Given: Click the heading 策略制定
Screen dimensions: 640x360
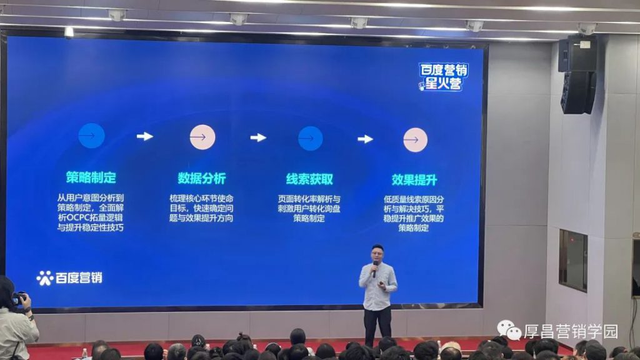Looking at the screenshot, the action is click(91, 177).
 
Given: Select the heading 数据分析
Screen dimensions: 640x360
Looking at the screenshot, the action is click(202, 178).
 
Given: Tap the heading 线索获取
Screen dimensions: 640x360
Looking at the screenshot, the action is click(309, 179).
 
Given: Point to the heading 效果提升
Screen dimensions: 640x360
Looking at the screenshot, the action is click(414, 179).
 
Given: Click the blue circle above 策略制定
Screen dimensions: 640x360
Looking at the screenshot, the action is click(91, 136).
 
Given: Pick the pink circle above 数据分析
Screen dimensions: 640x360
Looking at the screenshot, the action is click(202, 137).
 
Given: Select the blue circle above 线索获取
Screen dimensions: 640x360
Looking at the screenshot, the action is click(310, 138).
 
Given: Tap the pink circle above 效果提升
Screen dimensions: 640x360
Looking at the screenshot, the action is click(416, 140).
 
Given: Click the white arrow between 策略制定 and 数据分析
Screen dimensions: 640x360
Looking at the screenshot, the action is click(145, 136).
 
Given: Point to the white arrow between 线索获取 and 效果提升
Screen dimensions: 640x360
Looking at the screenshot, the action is click(365, 139).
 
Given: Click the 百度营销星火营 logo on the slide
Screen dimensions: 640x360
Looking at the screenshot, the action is click(443, 77).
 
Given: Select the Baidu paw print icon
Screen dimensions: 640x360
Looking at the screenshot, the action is click(45, 278).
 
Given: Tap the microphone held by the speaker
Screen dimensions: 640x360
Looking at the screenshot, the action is click(375, 269).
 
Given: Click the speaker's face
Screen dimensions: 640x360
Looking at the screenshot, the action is click(377, 256).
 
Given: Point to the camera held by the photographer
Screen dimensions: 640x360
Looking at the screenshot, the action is click(18, 298).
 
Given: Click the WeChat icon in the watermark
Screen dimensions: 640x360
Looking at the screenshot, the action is click(509, 330).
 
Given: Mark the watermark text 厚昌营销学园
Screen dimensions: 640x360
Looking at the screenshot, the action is click(571, 331).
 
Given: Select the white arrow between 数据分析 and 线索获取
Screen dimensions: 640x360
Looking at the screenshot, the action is click(258, 137).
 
